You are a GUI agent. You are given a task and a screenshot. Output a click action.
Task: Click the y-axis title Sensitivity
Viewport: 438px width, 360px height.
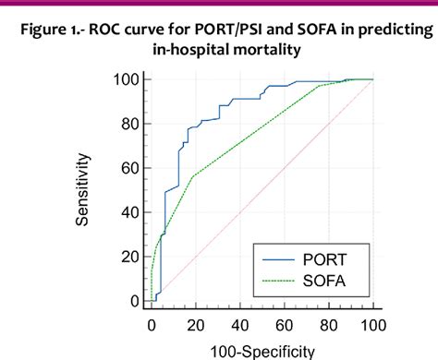[x=83, y=191]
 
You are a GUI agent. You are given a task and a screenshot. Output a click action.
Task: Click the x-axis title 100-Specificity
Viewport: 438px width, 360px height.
[x=262, y=350]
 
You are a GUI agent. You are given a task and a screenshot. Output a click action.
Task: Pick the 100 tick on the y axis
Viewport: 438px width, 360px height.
[x=127, y=79]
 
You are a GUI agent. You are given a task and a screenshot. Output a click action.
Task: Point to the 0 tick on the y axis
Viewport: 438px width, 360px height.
[x=134, y=301]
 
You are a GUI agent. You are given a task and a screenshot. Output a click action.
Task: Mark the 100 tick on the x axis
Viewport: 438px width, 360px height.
[x=372, y=324]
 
